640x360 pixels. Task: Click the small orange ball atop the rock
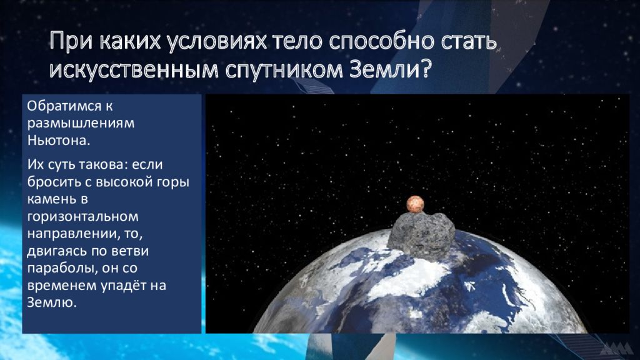tap(415, 204)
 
